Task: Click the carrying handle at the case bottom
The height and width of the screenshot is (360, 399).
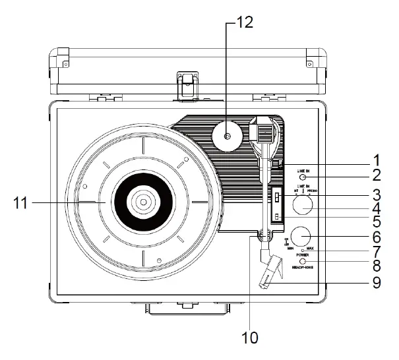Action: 187,307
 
